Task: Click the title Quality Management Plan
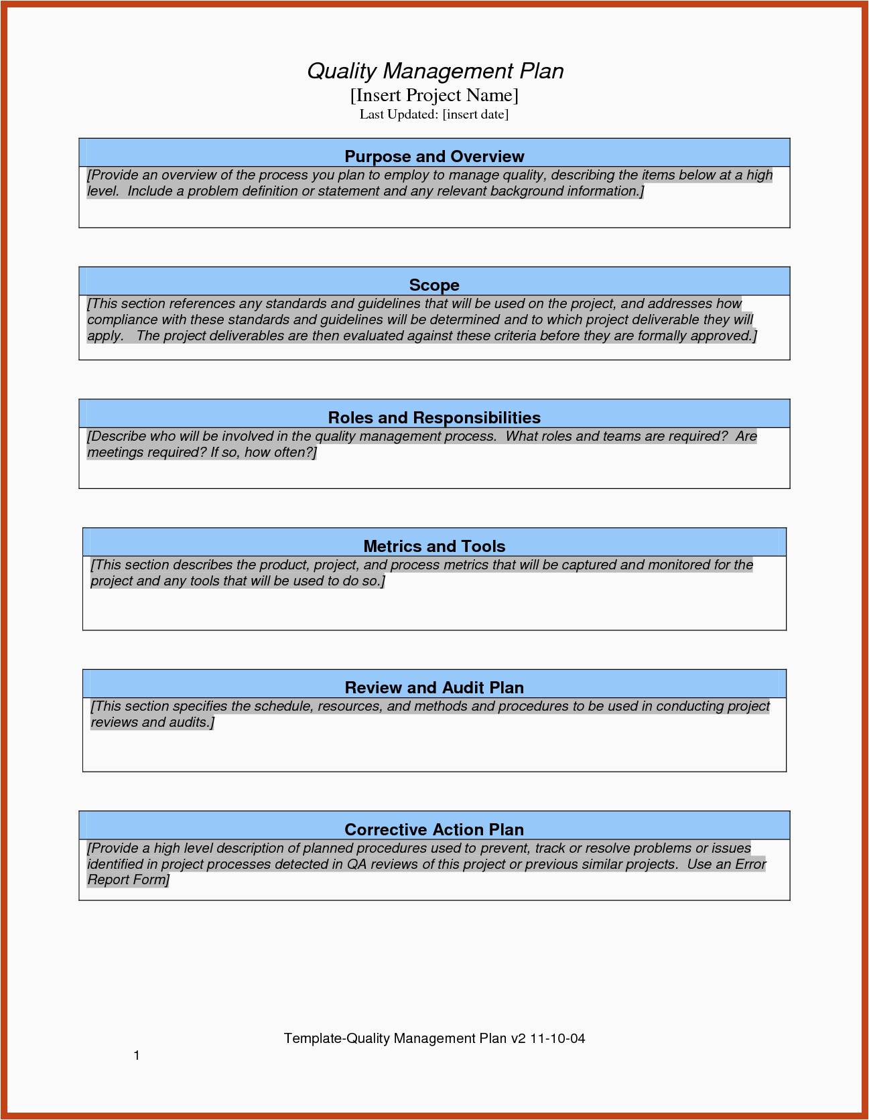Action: (x=435, y=71)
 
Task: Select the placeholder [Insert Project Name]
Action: (x=434, y=95)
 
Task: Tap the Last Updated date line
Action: (x=434, y=115)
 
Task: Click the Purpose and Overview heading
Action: (x=434, y=157)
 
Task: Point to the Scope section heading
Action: (x=434, y=285)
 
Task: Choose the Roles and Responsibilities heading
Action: (x=434, y=418)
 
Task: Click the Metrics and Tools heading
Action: (x=434, y=547)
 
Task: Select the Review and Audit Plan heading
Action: (x=434, y=688)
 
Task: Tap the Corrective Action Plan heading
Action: (x=434, y=830)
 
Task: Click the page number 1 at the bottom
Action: (x=137, y=1056)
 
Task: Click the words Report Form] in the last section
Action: (x=129, y=880)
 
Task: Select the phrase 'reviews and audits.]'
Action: (x=153, y=722)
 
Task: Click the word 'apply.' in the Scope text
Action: (x=105, y=336)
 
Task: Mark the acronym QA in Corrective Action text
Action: (x=356, y=864)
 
